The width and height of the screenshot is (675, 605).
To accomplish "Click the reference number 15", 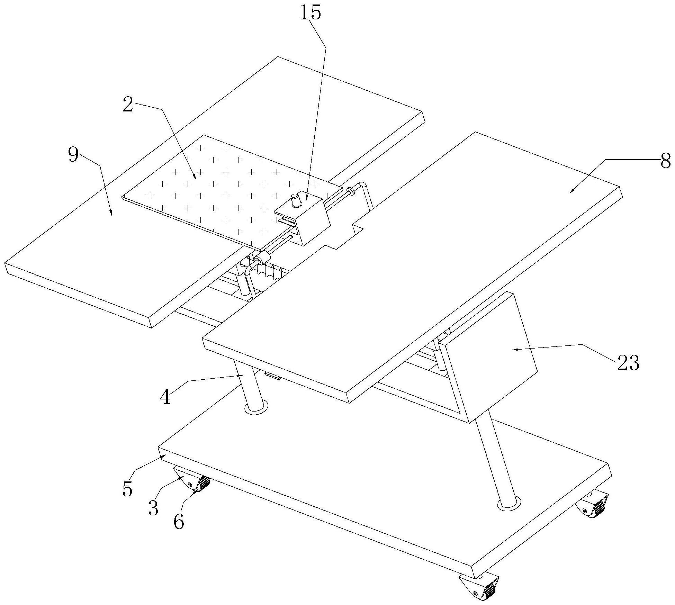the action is click(310, 13).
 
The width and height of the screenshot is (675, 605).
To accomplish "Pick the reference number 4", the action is click(165, 397).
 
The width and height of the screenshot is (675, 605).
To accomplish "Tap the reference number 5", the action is click(127, 489).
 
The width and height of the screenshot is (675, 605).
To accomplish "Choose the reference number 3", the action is click(153, 508).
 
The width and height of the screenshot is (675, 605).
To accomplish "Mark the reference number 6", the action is click(179, 522).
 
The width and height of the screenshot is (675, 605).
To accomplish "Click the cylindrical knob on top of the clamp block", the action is click(296, 201).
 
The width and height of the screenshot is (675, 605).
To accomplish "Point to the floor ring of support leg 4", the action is click(256, 408).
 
